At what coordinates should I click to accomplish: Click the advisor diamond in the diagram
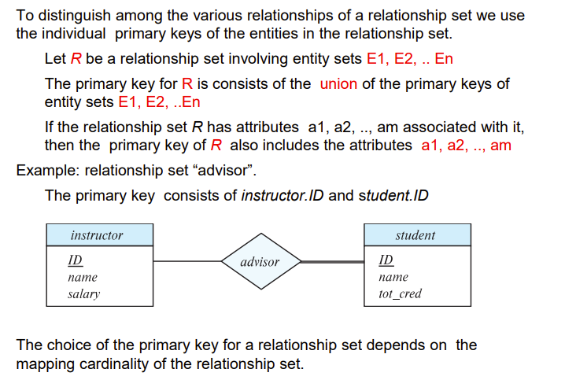tap(260, 261)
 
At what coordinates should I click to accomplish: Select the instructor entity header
tap(97, 235)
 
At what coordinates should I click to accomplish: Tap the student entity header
tap(416, 235)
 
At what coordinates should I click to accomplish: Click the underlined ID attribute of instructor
tap(76, 260)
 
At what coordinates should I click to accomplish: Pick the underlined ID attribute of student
tap(386, 260)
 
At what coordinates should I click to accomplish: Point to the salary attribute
tap(84, 294)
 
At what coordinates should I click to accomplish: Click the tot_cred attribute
tap(400, 294)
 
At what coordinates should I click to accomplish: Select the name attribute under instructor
tap(83, 277)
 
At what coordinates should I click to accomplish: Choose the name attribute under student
tap(393, 277)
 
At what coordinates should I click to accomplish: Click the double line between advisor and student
tap(332, 261)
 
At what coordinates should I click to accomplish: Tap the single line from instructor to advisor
tap(186, 261)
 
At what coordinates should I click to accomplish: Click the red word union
tap(339, 84)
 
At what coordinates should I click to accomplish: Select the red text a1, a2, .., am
tap(467, 145)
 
